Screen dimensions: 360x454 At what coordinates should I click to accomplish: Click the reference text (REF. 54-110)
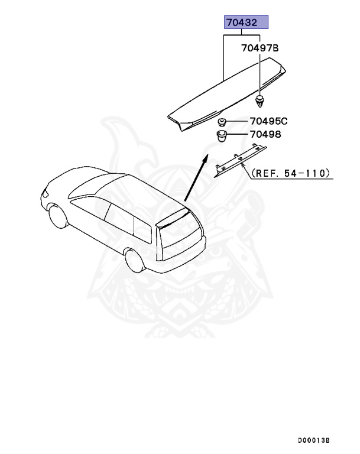click(x=291, y=174)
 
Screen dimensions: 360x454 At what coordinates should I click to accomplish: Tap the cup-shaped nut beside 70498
click(x=222, y=137)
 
